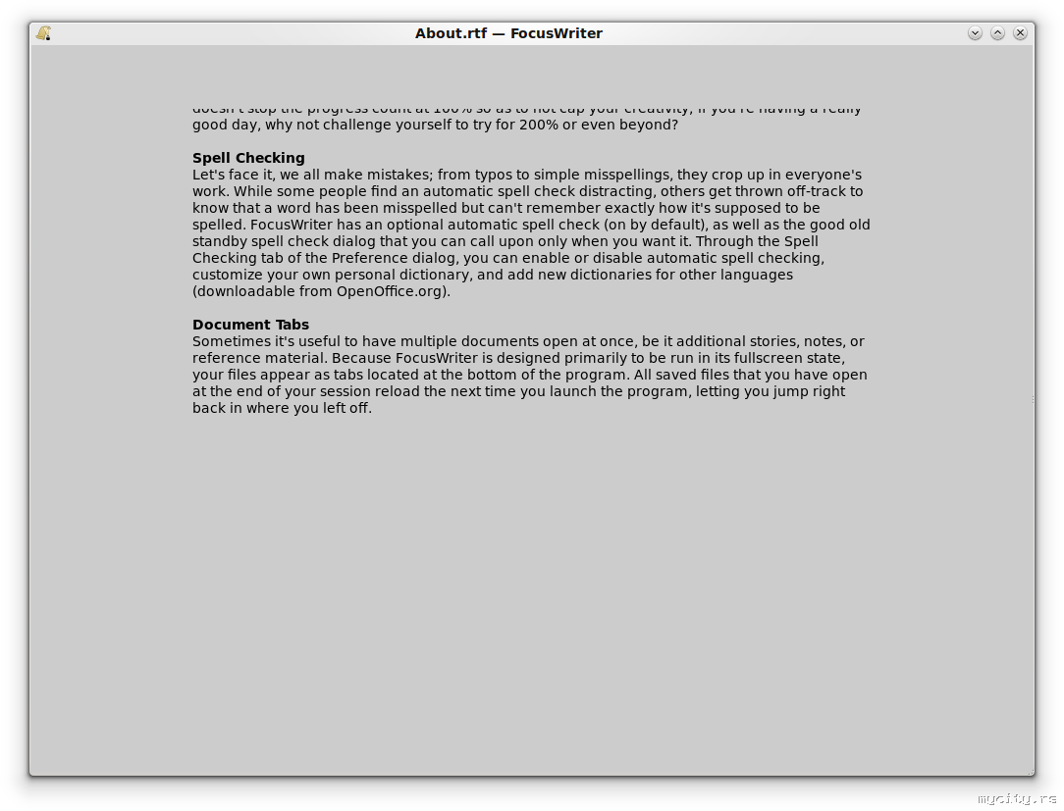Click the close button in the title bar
(x=1020, y=33)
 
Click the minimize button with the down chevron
(x=975, y=33)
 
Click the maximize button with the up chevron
(x=997, y=33)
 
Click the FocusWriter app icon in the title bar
(x=43, y=33)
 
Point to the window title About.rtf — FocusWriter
(x=508, y=33)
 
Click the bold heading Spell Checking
(x=248, y=158)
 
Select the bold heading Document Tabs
(x=250, y=325)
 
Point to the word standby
(x=220, y=242)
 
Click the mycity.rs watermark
(x=1017, y=799)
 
